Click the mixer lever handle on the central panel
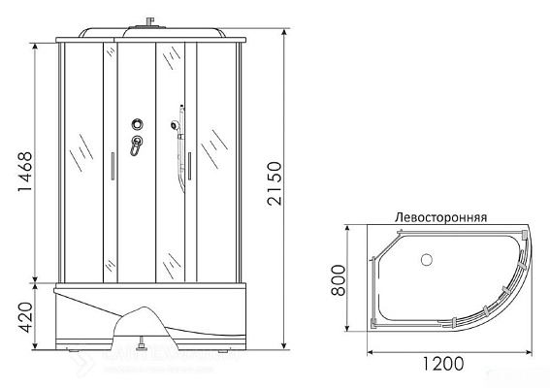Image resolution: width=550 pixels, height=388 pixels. point(137,145)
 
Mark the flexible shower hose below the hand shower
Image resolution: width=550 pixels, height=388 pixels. point(179,160)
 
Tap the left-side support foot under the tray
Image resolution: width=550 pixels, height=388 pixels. point(74,346)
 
